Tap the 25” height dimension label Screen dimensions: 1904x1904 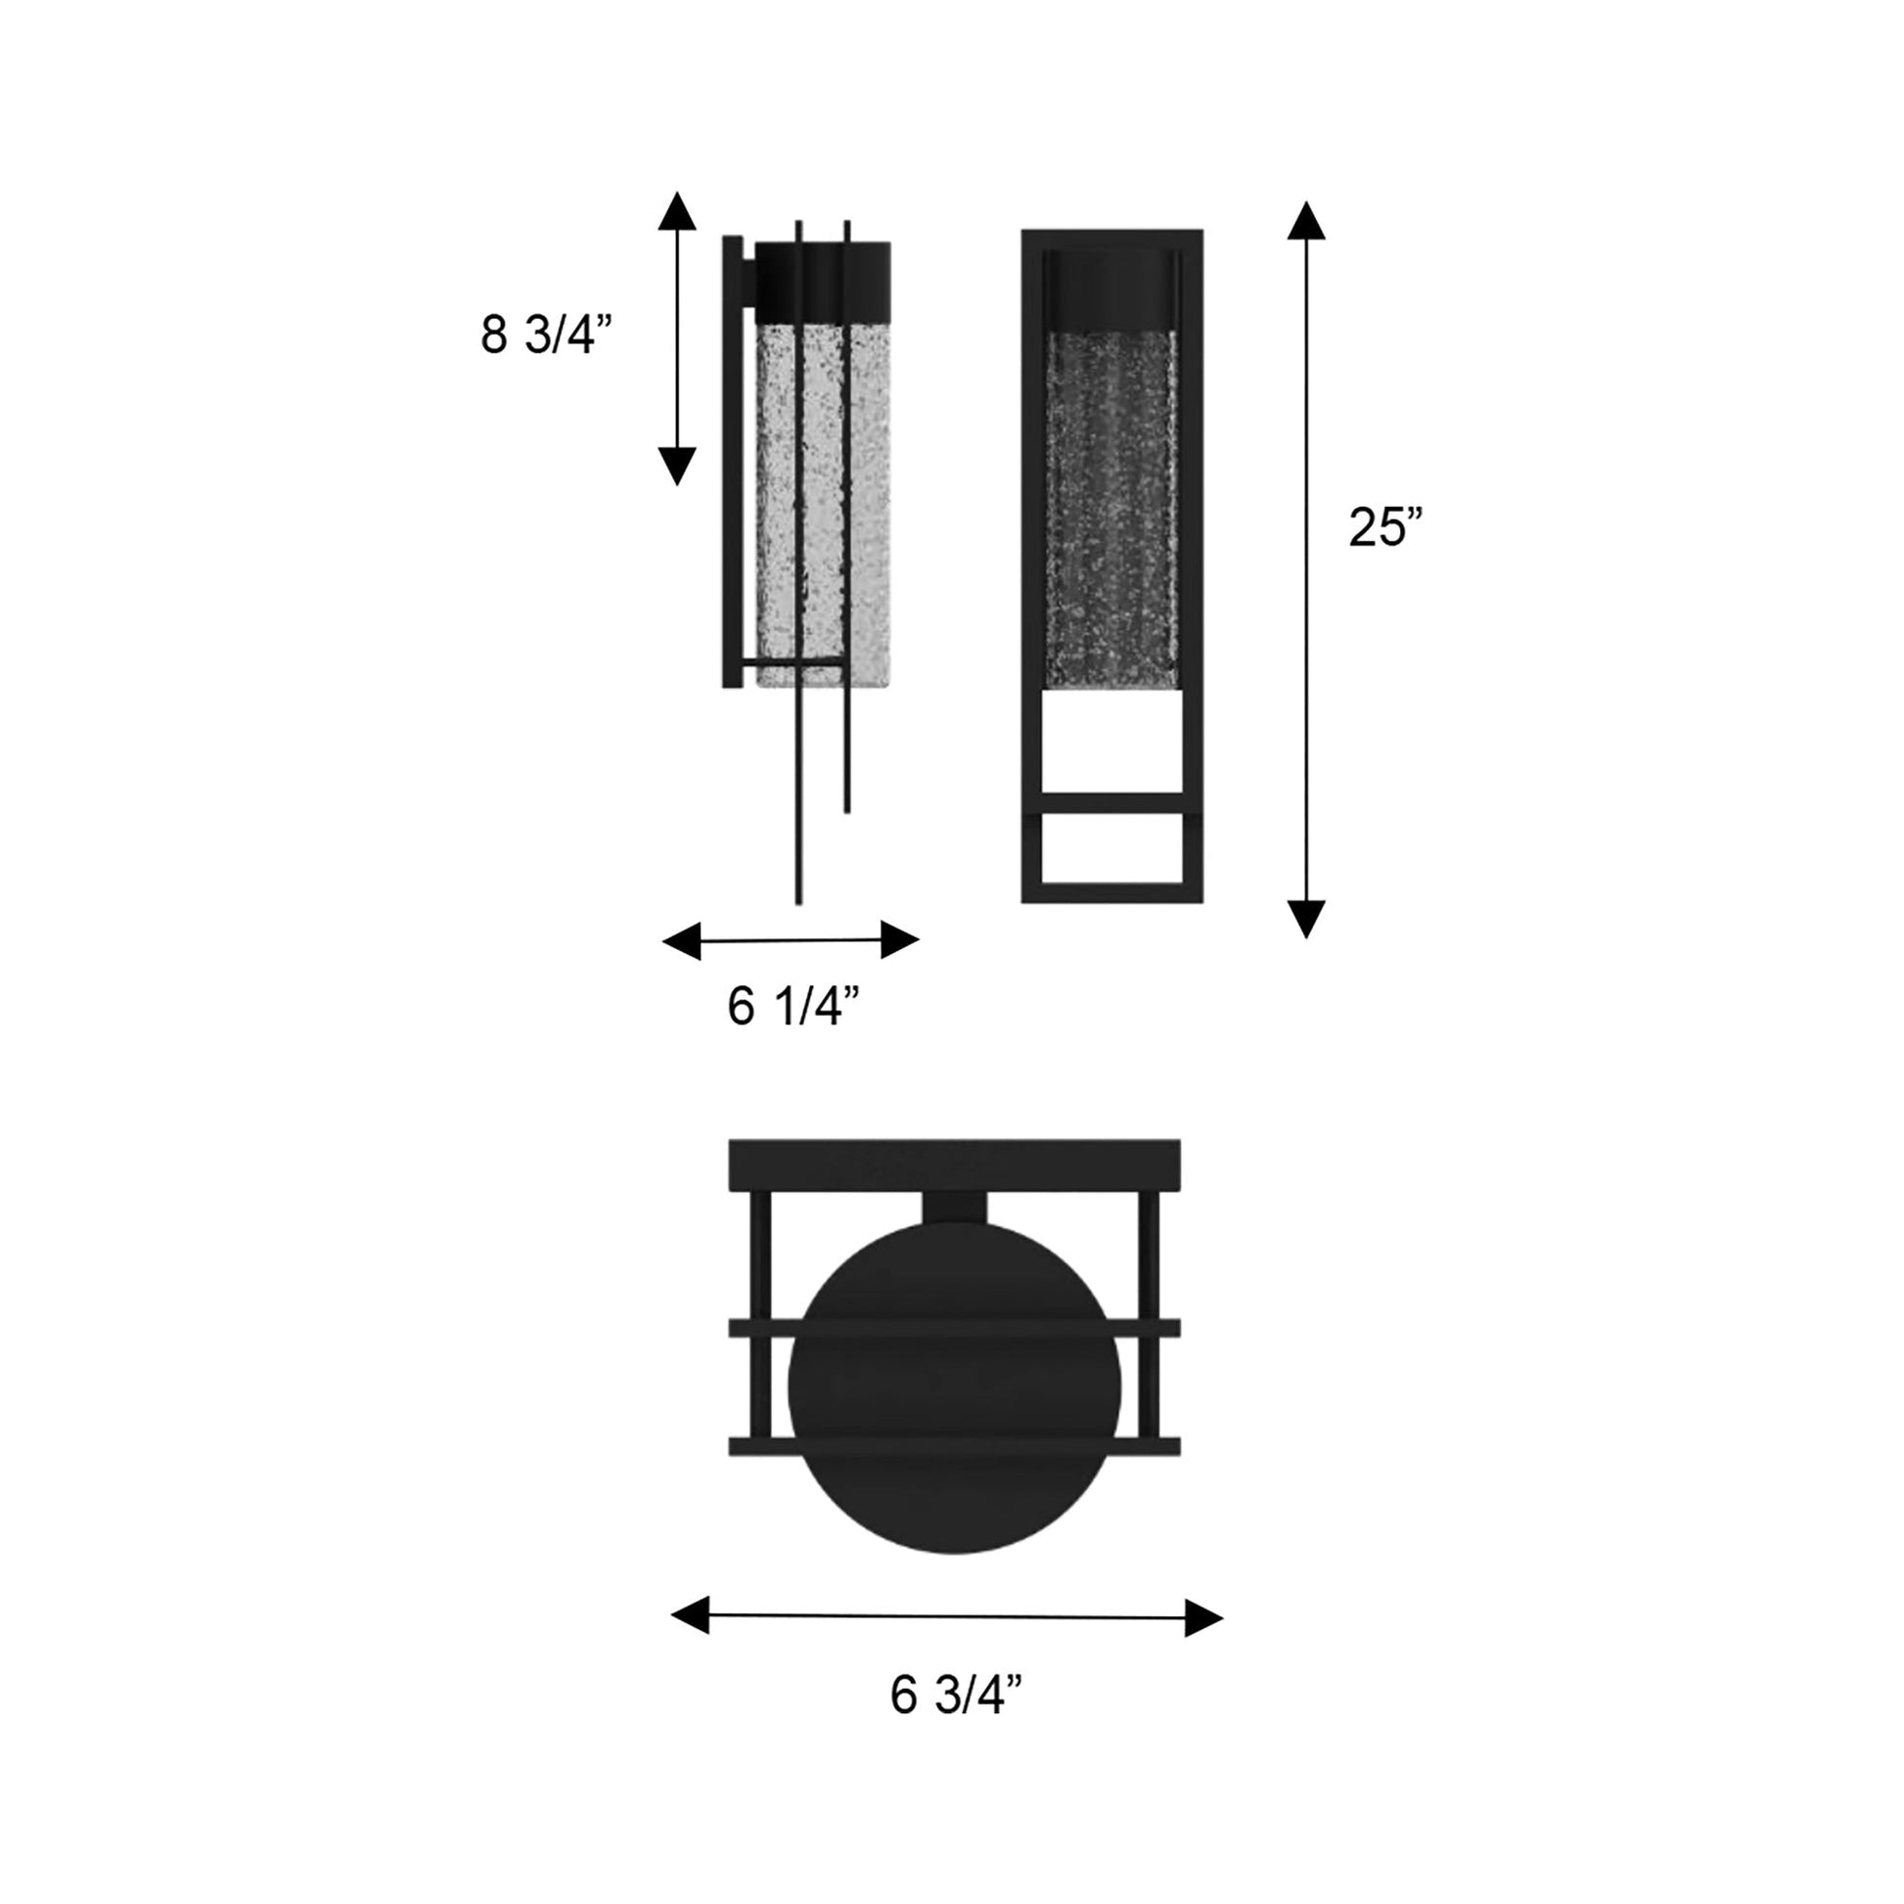[1384, 527]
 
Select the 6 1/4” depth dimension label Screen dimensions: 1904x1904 [793, 1006]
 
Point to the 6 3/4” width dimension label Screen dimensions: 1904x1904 [956, 1695]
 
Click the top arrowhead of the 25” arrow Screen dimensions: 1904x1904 [1306, 222]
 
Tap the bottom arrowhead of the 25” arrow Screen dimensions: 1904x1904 [1306, 919]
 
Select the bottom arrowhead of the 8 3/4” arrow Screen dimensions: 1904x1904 [677, 465]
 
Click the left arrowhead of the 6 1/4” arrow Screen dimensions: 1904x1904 [682, 941]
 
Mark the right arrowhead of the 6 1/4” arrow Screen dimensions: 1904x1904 [899, 939]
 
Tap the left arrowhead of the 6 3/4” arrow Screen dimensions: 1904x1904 [691, 1615]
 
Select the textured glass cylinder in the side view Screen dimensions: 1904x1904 [823, 493]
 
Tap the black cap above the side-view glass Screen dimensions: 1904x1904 [823, 281]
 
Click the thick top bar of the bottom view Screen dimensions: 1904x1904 [954, 1165]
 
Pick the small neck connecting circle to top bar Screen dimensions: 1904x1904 [954, 1208]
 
